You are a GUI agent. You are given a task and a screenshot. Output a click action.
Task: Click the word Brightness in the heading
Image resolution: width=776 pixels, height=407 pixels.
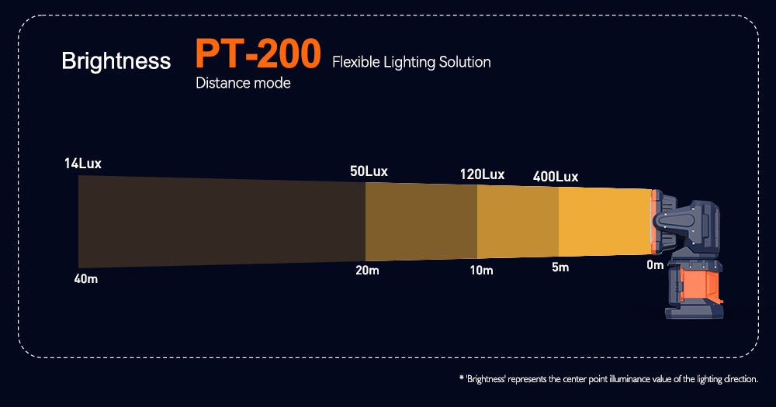tap(116, 61)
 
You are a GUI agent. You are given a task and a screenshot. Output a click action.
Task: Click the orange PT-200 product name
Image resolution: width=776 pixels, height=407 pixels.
tap(258, 54)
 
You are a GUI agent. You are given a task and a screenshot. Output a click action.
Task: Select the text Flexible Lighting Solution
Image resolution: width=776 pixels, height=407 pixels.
tap(411, 62)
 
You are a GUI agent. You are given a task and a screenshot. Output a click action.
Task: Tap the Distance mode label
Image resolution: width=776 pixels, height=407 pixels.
tap(243, 83)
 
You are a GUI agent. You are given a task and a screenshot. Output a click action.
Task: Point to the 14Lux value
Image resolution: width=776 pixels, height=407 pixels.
tap(83, 164)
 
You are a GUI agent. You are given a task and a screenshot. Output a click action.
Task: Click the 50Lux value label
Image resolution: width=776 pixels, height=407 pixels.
tap(369, 171)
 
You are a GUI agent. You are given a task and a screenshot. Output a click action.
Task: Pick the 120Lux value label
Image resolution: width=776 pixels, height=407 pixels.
tap(483, 174)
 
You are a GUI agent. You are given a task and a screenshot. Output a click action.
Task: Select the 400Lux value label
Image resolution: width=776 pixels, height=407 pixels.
tap(556, 177)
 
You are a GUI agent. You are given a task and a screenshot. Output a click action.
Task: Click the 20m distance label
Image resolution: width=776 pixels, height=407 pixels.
tap(367, 271)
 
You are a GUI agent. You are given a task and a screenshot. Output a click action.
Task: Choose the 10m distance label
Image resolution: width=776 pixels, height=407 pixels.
tap(481, 271)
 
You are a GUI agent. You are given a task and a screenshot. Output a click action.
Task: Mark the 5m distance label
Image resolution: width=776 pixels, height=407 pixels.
tap(559, 268)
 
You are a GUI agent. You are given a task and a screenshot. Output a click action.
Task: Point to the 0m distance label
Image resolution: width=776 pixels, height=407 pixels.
tap(655, 266)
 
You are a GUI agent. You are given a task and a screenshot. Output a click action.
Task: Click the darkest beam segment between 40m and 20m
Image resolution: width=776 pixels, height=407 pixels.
tap(221, 221)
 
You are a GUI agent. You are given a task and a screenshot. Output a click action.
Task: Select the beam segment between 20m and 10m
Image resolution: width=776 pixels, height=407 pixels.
tap(421, 222)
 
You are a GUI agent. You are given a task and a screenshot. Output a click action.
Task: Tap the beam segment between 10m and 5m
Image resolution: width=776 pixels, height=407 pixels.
tap(518, 222)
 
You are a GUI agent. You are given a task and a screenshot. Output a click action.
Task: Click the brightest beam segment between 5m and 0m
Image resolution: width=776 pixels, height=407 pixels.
tap(604, 222)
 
